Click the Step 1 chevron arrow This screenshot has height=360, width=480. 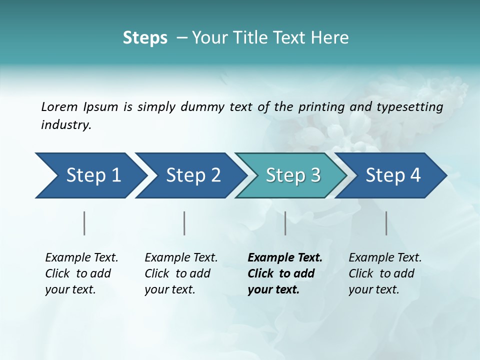click(x=90, y=175)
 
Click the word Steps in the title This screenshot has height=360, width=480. click(x=145, y=38)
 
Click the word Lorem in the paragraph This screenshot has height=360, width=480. click(x=59, y=106)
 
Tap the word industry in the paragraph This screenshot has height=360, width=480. click(x=66, y=125)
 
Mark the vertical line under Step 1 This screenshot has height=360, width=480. click(x=84, y=223)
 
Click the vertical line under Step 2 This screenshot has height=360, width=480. click(x=184, y=223)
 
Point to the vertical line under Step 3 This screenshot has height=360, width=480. click(x=285, y=223)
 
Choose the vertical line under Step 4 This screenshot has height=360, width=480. click(x=386, y=223)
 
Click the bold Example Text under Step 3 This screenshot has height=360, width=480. click(x=285, y=258)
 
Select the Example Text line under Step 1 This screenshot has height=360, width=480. click(x=81, y=258)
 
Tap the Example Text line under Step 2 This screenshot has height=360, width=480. click(x=181, y=258)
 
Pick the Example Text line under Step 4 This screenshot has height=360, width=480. click(x=385, y=258)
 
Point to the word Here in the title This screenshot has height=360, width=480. click(x=333, y=38)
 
